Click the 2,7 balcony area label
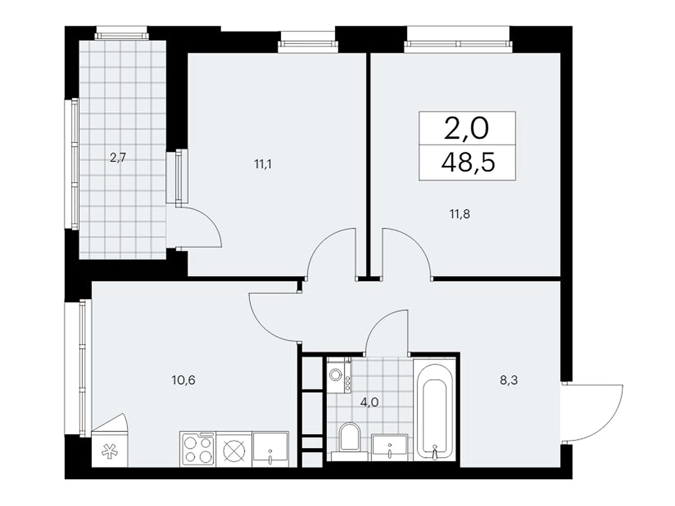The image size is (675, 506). (118, 159)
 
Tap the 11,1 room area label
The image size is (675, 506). (263, 165)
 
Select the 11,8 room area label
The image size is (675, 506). (460, 214)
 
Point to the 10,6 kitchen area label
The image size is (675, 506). (184, 380)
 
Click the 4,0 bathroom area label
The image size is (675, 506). (370, 402)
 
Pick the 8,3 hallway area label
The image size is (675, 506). (509, 380)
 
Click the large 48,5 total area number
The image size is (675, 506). (468, 162)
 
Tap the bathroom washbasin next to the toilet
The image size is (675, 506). (390, 447)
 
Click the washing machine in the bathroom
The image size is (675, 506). (339, 375)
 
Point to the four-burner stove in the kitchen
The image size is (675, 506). (198, 449)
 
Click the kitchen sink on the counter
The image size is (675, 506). (270, 449)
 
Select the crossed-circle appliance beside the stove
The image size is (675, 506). (234, 449)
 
